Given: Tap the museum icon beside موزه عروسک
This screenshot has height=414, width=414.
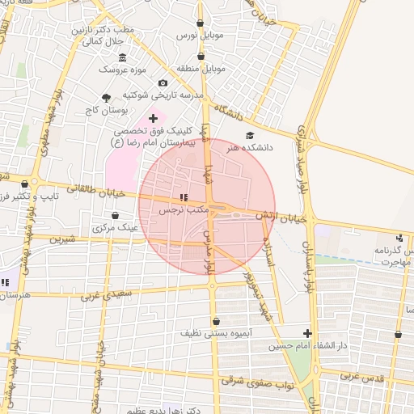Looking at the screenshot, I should [x=122, y=57].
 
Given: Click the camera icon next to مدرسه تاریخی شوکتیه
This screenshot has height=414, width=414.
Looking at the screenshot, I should [x=163, y=83].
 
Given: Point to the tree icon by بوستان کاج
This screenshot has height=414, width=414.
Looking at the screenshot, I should [x=106, y=98].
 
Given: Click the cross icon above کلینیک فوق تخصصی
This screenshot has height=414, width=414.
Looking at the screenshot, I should [x=153, y=118].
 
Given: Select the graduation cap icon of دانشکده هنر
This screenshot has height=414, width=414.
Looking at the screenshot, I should [x=250, y=136].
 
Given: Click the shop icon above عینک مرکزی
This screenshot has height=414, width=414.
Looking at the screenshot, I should [x=116, y=216].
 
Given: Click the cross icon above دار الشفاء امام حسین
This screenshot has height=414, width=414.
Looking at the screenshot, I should [x=306, y=334].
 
